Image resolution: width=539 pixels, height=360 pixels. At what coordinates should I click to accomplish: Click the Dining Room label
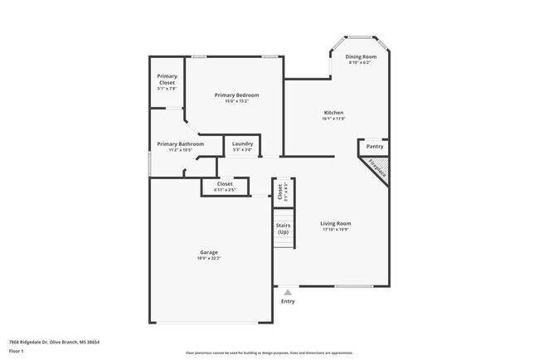coord(361,56)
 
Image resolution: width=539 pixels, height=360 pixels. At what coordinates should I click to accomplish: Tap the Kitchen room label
coord(333,113)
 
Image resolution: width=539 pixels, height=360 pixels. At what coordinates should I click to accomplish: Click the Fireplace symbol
coord(376,168)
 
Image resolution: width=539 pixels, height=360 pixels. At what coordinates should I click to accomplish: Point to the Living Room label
coord(336,223)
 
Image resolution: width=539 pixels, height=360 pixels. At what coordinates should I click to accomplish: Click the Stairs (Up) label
coord(282,228)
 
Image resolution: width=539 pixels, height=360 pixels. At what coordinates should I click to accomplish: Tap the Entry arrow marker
coord(288,292)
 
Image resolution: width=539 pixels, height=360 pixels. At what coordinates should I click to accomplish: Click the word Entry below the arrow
coord(288,301)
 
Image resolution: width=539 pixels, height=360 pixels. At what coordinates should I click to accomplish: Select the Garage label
coord(208,252)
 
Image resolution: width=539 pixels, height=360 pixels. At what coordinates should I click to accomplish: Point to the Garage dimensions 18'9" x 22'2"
coord(208,258)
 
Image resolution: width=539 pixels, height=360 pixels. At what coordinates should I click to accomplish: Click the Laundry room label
coord(242,144)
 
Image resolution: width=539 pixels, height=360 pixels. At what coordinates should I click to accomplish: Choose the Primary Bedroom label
coord(236,95)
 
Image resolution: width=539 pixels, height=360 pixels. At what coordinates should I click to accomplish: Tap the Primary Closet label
coord(167,80)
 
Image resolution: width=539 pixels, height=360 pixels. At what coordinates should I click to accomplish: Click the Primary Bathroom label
coord(180,144)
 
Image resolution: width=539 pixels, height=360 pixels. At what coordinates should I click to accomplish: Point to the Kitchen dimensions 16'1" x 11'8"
coord(333,119)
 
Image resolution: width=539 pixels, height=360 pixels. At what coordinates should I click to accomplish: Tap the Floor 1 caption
coord(17,351)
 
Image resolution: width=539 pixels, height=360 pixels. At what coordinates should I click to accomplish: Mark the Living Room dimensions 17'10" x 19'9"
coord(336,229)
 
